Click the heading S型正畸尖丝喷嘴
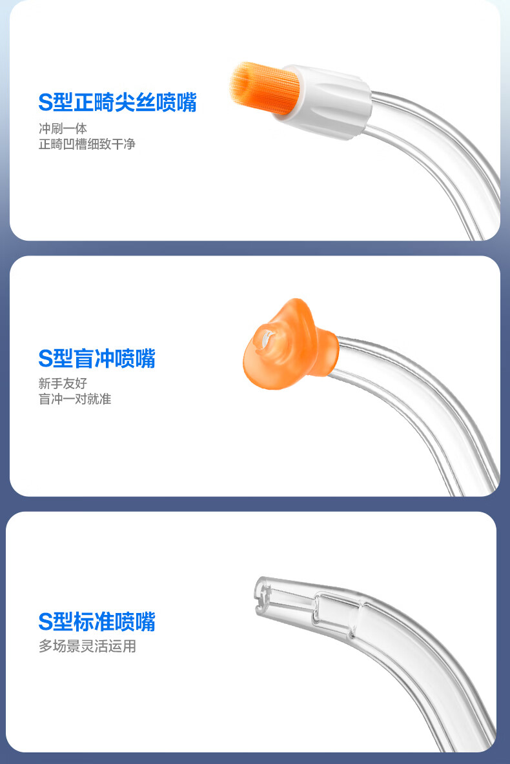117,103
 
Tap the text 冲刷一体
63,128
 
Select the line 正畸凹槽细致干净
87,145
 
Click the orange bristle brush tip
263,88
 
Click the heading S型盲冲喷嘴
97,358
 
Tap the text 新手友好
63,383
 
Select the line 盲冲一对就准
75,399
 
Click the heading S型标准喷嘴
97,622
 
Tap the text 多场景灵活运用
87,646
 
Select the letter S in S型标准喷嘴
45,622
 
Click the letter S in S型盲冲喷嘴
45,359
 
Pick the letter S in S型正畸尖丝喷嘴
45,103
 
